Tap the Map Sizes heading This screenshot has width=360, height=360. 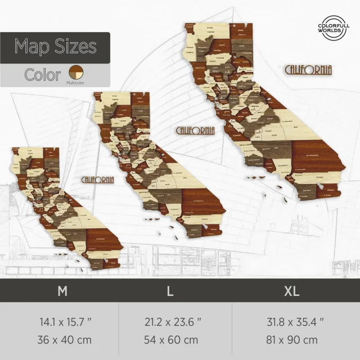coord(55,46)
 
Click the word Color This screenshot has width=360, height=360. coord(43,75)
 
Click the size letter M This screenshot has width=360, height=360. coord(63,291)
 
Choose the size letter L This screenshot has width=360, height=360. coord(169,291)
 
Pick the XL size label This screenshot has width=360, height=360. coord(292,291)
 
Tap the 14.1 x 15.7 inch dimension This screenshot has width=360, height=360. coord(65,323)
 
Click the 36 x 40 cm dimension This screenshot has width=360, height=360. coord(65,340)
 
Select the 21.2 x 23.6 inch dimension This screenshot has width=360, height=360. coord(173,323)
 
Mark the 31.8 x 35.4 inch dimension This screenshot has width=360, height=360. coord(295,323)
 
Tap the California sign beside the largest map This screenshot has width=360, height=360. coord(309,70)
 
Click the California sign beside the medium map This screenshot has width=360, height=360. coord(195,130)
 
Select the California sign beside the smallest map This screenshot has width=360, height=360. coord(97,179)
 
